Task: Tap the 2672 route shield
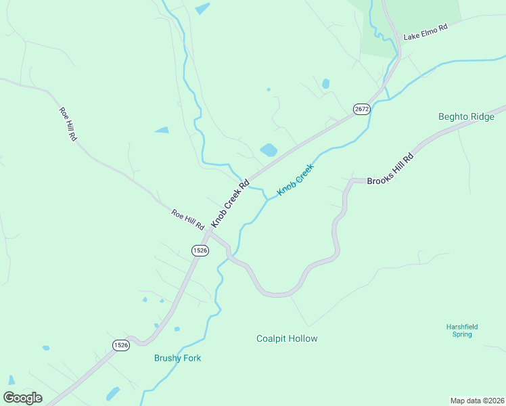pyautogui.click(x=362, y=109)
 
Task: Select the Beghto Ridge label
pyautogui.click(x=466, y=117)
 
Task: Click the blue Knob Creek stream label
pyautogui.click(x=296, y=180)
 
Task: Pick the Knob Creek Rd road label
pyautogui.click(x=230, y=203)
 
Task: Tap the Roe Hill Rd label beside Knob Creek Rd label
pyautogui.click(x=187, y=219)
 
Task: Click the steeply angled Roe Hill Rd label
pyautogui.click(x=68, y=124)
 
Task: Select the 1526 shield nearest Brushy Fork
pyautogui.click(x=120, y=344)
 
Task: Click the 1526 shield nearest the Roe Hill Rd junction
pyautogui.click(x=200, y=250)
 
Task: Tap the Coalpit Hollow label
pyautogui.click(x=287, y=338)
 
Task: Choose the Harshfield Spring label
pyautogui.click(x=462, y=330)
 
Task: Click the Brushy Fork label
pyautogui.click(x=177, y=358)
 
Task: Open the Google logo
pyautogui.click(x=22, y=398)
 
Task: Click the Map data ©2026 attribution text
pyautogui.click(x=476, y=400)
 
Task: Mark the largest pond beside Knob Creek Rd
pyautogui.click(x=269, y=150)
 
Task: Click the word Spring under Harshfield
pyautogui.click(x=462, y=334)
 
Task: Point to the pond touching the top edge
pyautogui.click(x=202, y=8)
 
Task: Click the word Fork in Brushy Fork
pyautogui.click(x=191, y=358)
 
